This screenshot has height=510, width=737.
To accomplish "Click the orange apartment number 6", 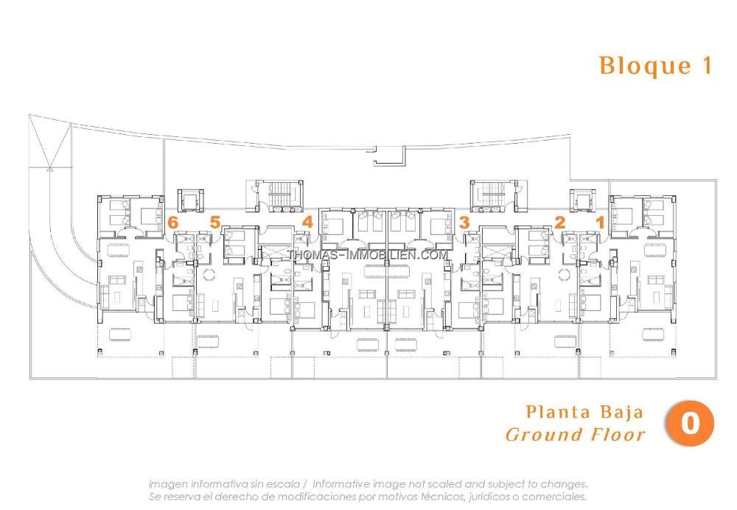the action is click(x=173, y=223).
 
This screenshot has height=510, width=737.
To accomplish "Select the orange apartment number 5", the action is click(x=214, y=222).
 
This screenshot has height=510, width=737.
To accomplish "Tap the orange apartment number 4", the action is click(x=307, y=222).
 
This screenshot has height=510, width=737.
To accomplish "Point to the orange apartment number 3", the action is click(x=464, y=223).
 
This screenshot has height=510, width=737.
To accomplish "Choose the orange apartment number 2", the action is click(x=560, y=223).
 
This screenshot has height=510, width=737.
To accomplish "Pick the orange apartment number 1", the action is click(x=600, y=223).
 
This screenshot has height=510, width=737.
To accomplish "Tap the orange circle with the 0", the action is click(x=690, y=423).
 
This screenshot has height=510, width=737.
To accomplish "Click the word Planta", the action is click(x=559, y=412).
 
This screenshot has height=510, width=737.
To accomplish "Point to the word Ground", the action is click(x=544, y=434).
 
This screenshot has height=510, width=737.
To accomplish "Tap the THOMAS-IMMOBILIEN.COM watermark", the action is click(x=368, y=255).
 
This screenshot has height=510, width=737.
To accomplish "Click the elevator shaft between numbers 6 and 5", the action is click(x=190, y=200).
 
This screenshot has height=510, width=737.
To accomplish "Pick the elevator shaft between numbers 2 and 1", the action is click(x=583, y=200).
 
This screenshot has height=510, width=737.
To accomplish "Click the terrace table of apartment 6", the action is click(x=120, y=334).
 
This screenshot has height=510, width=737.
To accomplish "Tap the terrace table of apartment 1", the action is click(x=654, y=334).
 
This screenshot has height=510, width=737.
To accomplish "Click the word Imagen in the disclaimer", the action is click(x=168, y=484).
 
